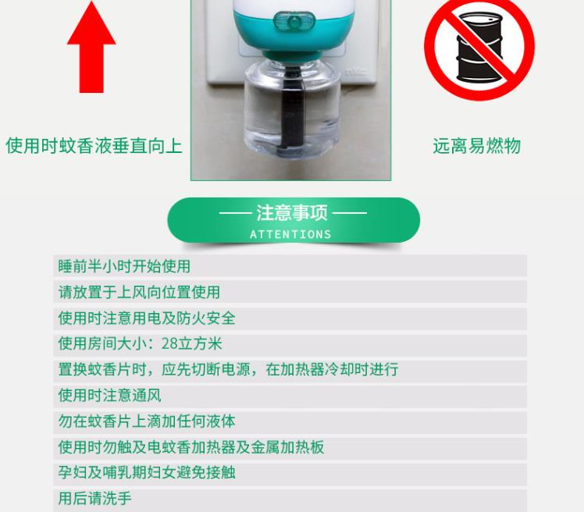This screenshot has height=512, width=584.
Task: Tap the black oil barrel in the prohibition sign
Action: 479,48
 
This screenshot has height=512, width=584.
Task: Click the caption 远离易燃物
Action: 477,146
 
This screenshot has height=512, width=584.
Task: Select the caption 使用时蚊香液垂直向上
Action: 94,146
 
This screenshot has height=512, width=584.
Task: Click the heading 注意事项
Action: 292,213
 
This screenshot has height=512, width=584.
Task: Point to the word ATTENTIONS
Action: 290,234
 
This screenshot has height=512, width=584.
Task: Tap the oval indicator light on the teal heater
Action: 294,21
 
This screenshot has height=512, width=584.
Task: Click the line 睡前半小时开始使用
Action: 124,266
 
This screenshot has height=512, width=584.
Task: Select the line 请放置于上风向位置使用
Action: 139,292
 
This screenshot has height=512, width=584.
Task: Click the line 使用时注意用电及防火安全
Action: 147,318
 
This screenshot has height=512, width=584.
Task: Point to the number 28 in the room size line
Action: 169,343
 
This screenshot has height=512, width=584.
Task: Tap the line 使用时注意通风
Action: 109,395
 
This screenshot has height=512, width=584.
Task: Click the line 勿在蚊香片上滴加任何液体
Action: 147,421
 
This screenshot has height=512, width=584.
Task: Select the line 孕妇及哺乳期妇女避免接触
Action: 147,472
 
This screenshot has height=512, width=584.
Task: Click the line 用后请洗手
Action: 94,498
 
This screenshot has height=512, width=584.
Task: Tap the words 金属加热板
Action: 287,447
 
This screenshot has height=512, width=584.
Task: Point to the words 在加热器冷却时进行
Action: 332,369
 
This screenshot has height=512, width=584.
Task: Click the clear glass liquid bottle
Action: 292,110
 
